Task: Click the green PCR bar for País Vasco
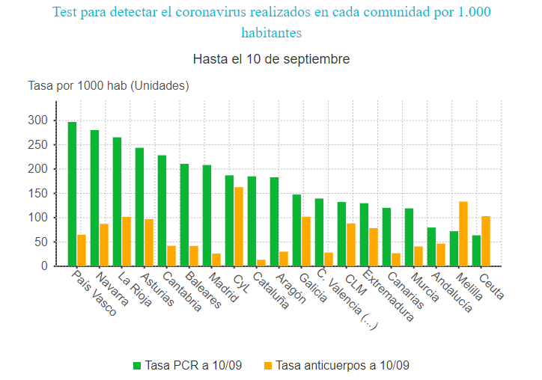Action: click(72, 194)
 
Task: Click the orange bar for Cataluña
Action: click(261, 263)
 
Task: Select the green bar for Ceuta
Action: click(476, 251)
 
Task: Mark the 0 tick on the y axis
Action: click(44, 266)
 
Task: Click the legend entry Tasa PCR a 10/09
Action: click(189, 366)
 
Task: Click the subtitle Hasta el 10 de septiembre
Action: click(271, 59)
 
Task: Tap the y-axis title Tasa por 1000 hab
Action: click(109, 86)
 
